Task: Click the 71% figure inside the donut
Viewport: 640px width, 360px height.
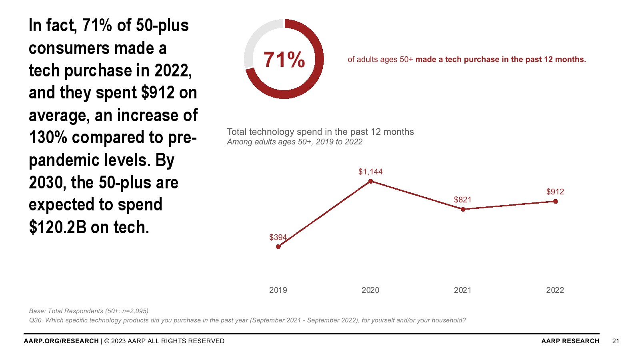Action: tap(284, 60)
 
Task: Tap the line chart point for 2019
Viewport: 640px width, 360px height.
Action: tap(278, 247)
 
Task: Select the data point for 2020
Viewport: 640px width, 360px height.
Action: tap(370, 181)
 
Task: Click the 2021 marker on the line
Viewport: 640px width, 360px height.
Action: tap(463, 209)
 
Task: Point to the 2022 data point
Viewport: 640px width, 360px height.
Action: tap(555, 201)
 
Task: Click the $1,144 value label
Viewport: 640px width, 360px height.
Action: tap(370, 172)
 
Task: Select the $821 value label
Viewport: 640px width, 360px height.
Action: tap(462, 200)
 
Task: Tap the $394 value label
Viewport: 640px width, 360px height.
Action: tap(278, 237)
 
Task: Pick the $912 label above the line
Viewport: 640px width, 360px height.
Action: tap(555, 192)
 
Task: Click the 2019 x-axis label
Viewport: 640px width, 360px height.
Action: tap(278, 290)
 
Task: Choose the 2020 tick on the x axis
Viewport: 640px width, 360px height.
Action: tap(370, 290)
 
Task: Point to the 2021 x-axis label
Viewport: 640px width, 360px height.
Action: tap(462, 290)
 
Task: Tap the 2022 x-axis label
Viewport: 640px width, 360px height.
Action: tap(555, 290)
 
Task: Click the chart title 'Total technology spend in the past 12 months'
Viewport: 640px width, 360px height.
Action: tap(320, 132)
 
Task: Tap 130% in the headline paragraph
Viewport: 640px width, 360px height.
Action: tap(48, 138)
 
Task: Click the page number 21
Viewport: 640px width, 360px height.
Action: tap(616, 341)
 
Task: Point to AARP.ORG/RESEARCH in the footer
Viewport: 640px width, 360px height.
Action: tap(61, 341)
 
